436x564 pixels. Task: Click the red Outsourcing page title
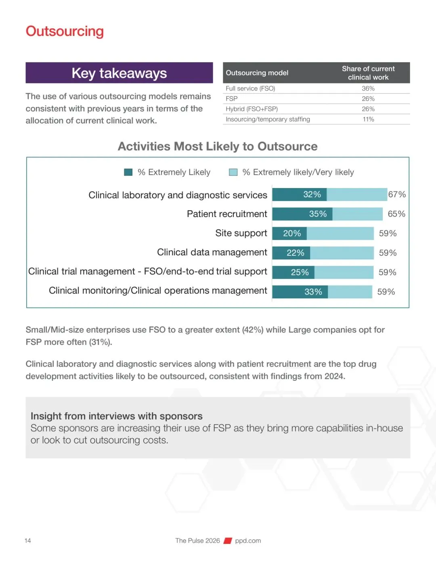tap(65, 31)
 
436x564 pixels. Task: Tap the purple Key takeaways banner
tap(119, 73)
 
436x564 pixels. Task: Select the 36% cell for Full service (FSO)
tap(368, 88)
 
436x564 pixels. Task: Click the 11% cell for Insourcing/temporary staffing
tap(368, 119)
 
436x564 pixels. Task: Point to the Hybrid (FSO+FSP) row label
tap(252, 109)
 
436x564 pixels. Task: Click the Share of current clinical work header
tap(368, 73)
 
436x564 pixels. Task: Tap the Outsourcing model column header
tap(257, 73)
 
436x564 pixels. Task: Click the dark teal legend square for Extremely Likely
tap(128, 172)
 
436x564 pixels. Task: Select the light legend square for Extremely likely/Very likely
tap(233, 172)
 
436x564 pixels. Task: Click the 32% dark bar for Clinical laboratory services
tap(300, 194)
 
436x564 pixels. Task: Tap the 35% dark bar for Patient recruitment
tap(302, 214)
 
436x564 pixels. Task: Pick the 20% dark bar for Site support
tap(289, 233)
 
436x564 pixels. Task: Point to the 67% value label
tap(397, 194)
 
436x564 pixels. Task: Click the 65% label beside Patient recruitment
tap(396, 214)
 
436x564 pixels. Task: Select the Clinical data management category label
tap(212, 252)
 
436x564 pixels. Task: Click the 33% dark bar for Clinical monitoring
tap(300, 292)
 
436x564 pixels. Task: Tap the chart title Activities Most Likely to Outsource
tap(218, 146)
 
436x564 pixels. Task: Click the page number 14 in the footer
tap(27, 541)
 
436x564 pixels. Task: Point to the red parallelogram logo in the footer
tap(228, 541)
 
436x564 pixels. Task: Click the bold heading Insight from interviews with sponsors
tap(116, 416)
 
